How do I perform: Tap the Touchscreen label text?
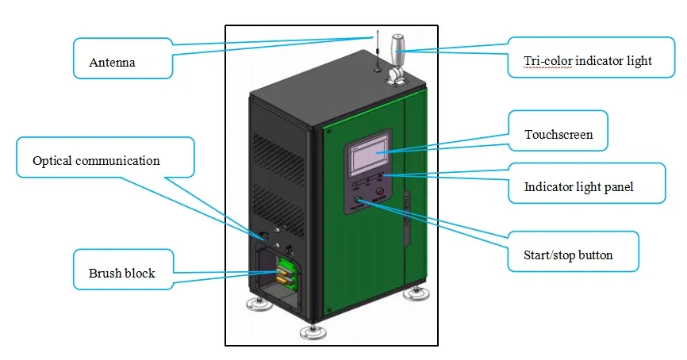558,135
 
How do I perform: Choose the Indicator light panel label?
578,188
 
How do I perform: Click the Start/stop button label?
568,255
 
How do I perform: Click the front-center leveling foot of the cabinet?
312,330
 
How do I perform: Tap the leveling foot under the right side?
416,293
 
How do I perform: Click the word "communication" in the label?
117,161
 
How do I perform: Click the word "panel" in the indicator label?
619,188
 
